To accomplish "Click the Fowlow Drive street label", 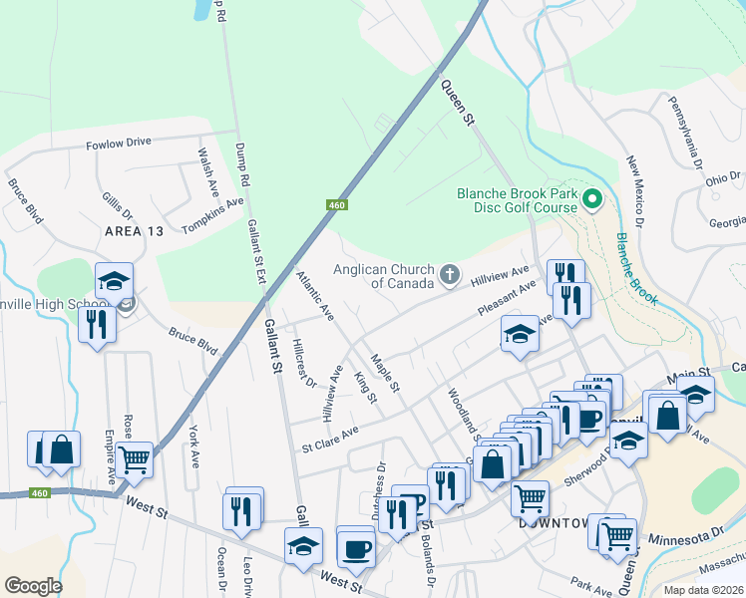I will (118, 142).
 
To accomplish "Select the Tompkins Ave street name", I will (212, 214).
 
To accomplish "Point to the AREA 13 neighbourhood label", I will (133, 231).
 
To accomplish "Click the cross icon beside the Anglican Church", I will (450, 273).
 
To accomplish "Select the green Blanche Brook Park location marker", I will (591, 200).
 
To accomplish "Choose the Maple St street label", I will (385, 373).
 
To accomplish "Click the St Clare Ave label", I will (330, 438).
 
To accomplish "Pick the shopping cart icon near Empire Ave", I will (135, 459).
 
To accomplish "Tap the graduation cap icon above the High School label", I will (114, 280).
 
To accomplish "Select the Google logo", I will (33, 586).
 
